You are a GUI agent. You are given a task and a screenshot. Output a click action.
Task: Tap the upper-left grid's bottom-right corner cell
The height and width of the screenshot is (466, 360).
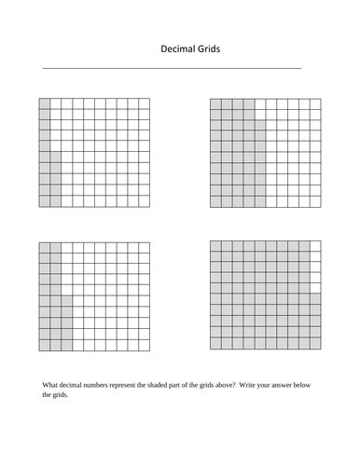[144, 201]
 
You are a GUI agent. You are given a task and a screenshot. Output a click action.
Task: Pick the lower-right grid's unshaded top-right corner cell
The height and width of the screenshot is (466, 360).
[315, 247]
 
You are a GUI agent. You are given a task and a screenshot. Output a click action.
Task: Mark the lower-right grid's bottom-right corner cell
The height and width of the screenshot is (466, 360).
[315, 344]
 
